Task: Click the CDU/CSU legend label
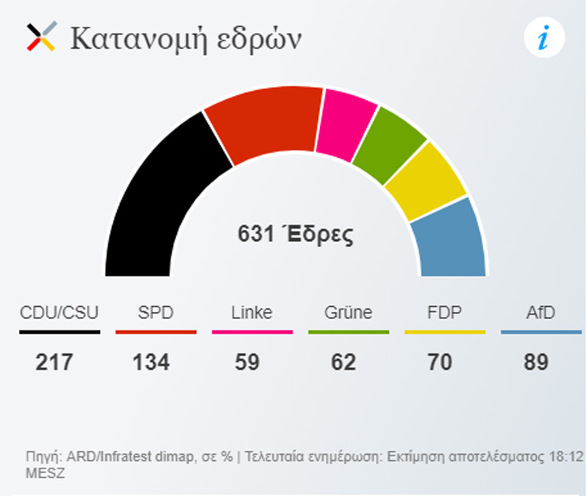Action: pyautogui.click(x=59, y=313)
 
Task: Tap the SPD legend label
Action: pyautogui.click(x=156, y=313)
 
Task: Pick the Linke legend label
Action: pyautogui.click(x=252, y=313)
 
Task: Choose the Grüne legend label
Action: pyautogui.click(x=348, y=313)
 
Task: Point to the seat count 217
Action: pyautogui.click(x=55, y=362)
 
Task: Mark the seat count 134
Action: pyautogui.click(x=151, y=362)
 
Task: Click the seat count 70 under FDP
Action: pyautogui.click(x=440, y=362)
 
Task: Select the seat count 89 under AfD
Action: pyautogui.click(x=537, y=362)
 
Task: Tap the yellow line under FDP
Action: pyautogui.click(x=444, y=332)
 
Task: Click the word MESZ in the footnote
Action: pyautogui.click(x=45, y=473)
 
